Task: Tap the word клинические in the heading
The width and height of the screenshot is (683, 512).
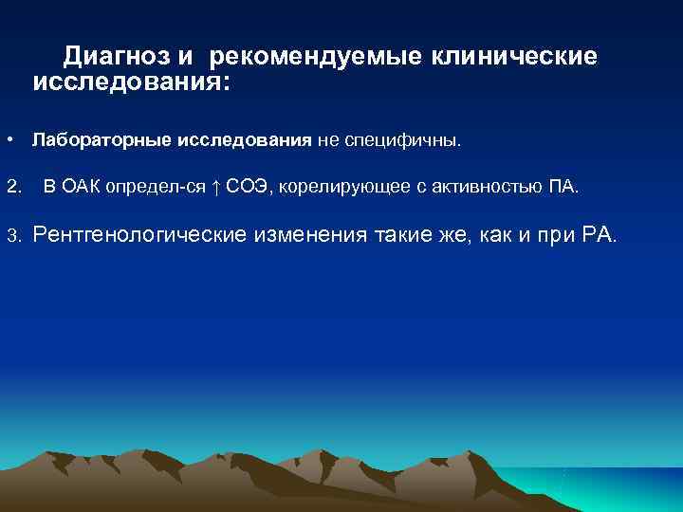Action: [514, 58]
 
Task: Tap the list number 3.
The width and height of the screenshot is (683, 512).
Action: [12, 234]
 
